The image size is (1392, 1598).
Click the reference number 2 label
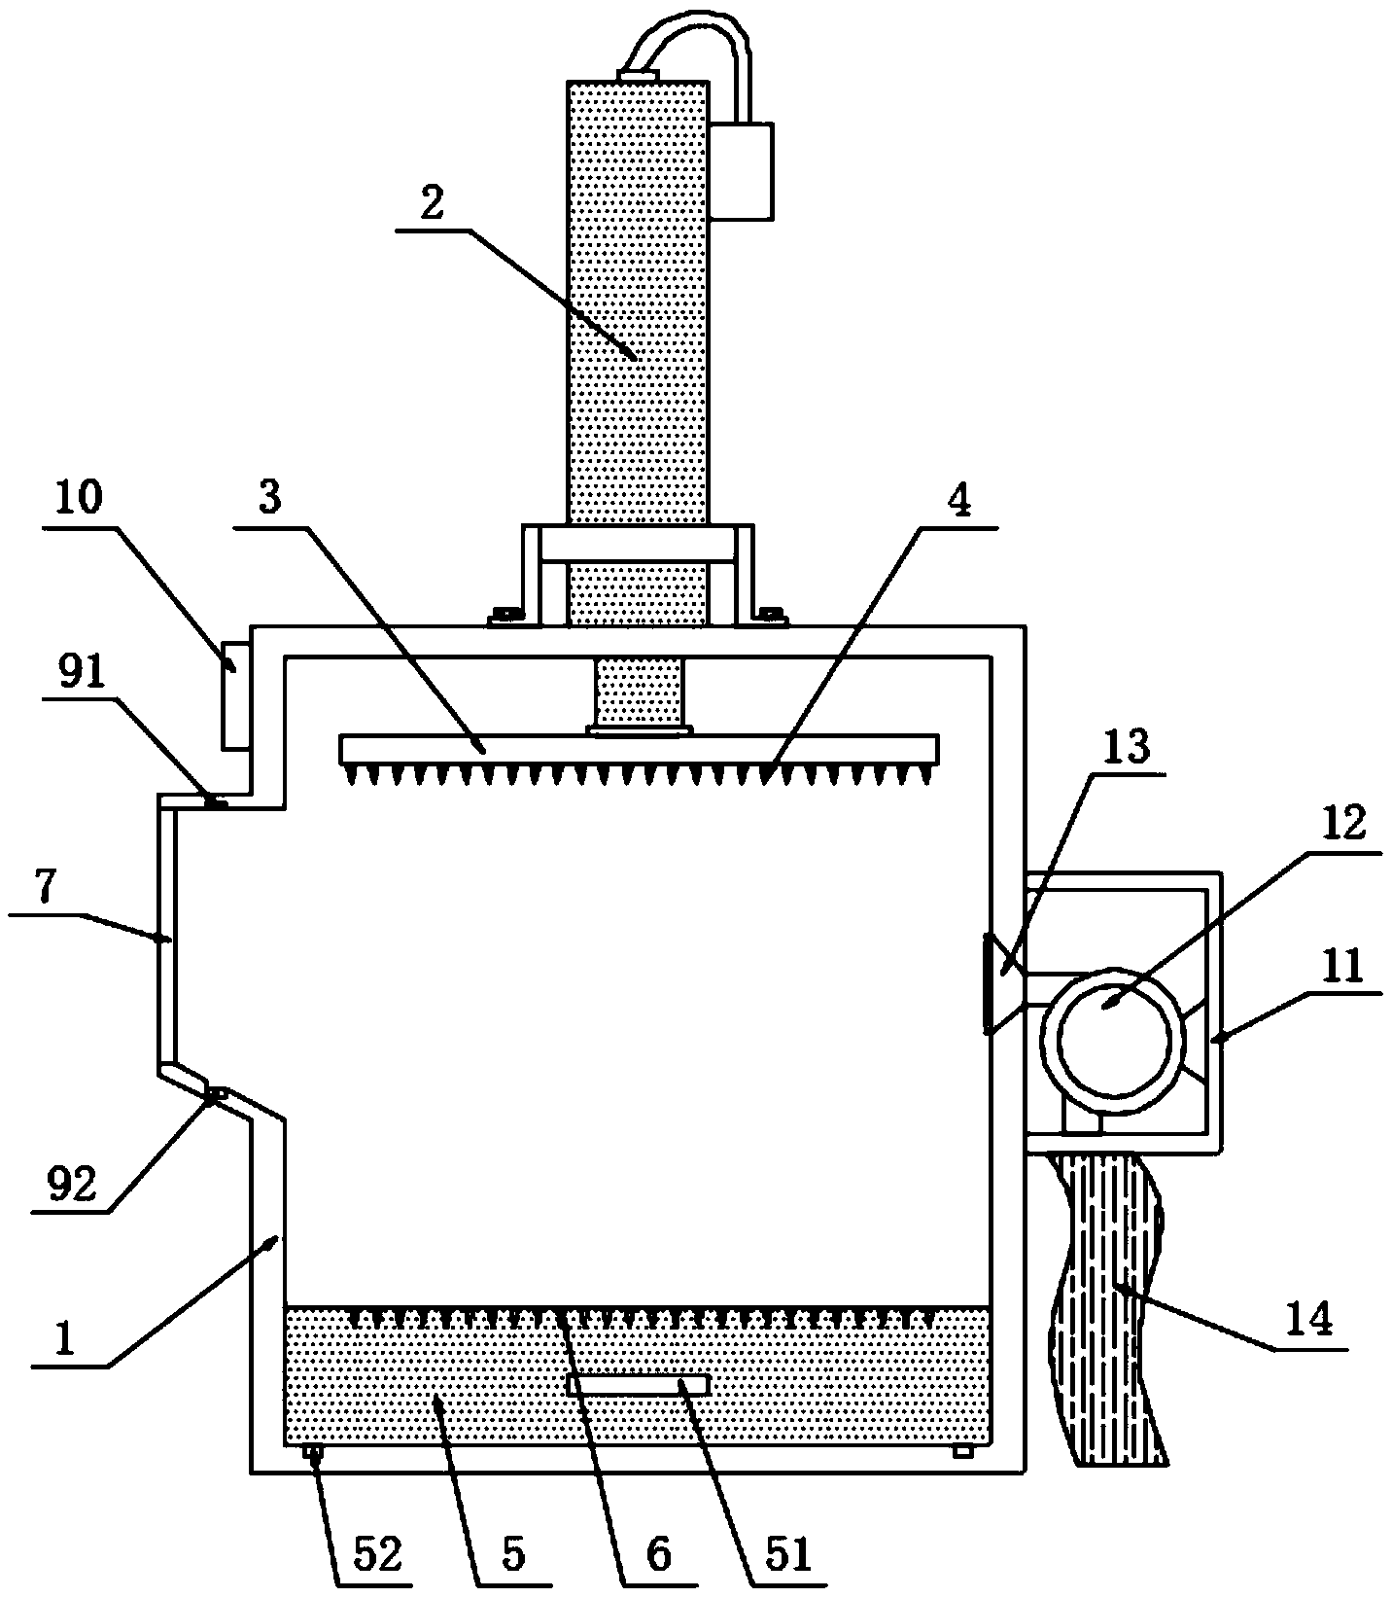[432, 202]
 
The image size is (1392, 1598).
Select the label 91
[83, 674]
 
